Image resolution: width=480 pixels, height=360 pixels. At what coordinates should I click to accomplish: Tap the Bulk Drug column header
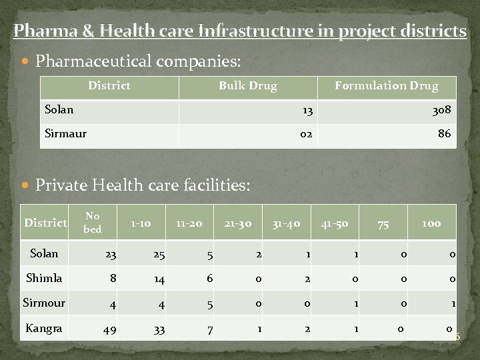pos(248,85)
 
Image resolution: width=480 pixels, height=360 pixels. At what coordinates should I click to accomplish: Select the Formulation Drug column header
pos(386,85)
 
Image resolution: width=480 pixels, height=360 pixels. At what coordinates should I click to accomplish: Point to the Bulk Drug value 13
pos(307,110)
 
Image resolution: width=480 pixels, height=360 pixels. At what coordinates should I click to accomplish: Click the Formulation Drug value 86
pos(444,134)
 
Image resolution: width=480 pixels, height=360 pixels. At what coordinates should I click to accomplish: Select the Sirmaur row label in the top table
pos(65,133)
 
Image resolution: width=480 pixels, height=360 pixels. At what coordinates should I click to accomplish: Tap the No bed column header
pos(93,222)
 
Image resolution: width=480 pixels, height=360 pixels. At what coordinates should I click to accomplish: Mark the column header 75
pos(383,225)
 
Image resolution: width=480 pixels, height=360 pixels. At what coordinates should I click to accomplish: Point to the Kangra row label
pos(43,328)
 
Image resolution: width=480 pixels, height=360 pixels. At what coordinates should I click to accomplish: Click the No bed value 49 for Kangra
pos(109,329)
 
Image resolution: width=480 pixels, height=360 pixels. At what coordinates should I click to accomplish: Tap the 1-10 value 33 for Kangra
pos(157,329)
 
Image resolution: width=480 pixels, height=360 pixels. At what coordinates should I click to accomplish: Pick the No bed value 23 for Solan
pos(109,254)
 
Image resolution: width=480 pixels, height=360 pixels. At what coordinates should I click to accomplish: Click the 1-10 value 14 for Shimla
pos(159,279)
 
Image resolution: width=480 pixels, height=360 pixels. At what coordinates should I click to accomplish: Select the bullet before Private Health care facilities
pos(26,185)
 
